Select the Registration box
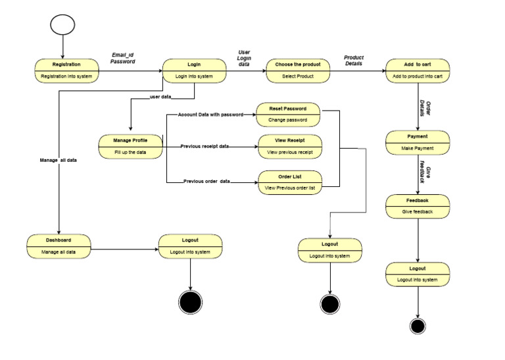(66, 70)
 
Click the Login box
(194, 70)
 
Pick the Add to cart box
(418, 70)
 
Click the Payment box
(418, 142)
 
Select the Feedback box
(418, 206)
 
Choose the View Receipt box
(289, 146)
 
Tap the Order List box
(289, 182)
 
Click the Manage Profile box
(131, 146)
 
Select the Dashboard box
(59, 245)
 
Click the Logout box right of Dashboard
(190, 245)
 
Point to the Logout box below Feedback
(418, 274)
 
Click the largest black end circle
(190, 301)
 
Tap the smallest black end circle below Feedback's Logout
(417, 326)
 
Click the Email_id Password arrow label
(122, 58)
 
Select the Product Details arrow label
(354, 61)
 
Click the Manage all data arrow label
(59, 160)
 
